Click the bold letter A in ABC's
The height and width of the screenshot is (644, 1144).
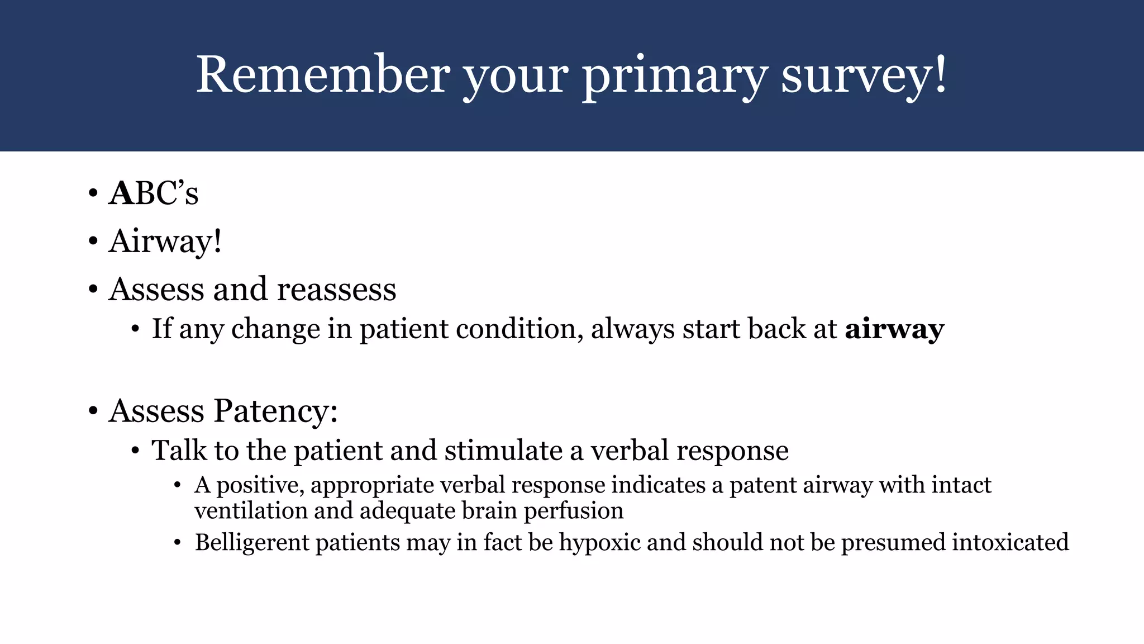coord(121,193)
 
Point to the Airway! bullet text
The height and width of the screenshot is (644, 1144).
coord(165,241)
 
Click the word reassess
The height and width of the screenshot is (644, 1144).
coord(336,290)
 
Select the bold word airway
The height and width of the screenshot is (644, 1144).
coord(894,329)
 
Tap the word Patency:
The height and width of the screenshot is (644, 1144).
coord(276,411)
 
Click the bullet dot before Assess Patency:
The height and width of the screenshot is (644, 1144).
coord(93,411)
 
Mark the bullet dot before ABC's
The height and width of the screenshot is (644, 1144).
coord(93,194)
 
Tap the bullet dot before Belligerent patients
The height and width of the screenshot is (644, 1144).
coord(178,543)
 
